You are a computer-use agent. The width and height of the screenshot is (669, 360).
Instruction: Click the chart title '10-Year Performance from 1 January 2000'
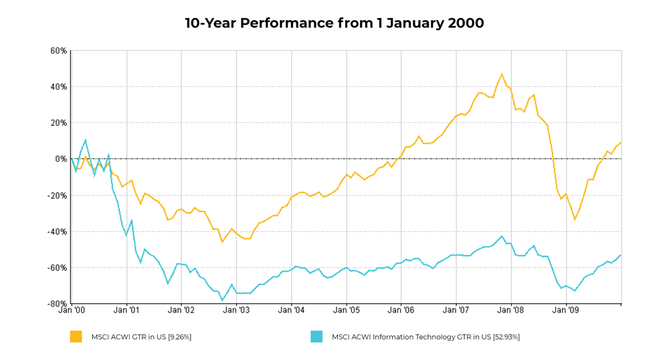tap(334, 23)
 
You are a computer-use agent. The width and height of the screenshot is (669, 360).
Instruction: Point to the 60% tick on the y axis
tap(58, 51)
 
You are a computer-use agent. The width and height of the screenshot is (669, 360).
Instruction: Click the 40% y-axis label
tap(58, 87)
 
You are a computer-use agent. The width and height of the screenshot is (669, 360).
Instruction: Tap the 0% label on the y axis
tap(60, 159)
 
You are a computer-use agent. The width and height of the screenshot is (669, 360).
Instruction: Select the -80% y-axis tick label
tap(57, 304)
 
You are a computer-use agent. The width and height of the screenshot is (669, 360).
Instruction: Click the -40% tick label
tap(57, 232)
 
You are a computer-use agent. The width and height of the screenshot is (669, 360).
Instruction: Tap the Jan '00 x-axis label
tap(72, 311)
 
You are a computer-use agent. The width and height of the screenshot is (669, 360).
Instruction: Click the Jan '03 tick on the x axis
tap(236, 311)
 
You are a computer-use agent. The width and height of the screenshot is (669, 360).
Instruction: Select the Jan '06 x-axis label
tap(401, 311)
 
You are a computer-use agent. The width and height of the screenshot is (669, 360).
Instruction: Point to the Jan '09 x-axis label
tap(567, 311)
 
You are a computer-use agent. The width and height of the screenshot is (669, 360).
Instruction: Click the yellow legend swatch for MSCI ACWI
tap(76, 337)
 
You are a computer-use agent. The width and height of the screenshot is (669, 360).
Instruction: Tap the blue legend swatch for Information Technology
tap(316, 337)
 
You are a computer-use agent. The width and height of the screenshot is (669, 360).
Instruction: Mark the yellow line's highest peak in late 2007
tap(502, 74)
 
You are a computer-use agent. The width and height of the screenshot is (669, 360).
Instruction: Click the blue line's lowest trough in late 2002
tap(222, 300)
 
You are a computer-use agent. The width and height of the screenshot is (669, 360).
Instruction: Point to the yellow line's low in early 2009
tap(575, 219)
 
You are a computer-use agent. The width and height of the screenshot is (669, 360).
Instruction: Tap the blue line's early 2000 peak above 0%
tap(86, 140)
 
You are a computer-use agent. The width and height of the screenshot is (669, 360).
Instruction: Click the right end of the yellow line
tap(621, 142)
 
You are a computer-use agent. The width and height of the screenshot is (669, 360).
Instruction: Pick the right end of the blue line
tap(621, 255)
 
